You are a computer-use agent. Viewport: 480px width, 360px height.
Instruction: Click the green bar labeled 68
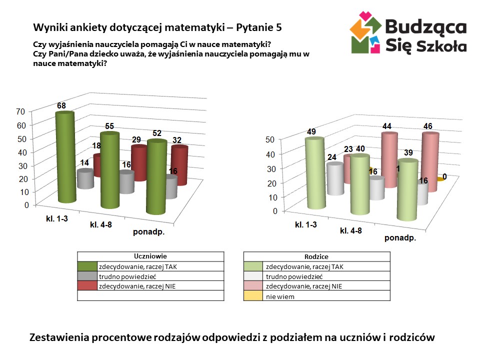(x=65, y=157)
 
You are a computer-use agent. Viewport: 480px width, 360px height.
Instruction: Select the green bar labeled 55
(x=109, y=170)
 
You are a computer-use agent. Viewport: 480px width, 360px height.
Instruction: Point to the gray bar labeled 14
(x=85, y=178)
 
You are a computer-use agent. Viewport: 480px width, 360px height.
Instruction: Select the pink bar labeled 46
(x=429, y=160)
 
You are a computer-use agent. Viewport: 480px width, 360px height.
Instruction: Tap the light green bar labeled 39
(x=407, y=190)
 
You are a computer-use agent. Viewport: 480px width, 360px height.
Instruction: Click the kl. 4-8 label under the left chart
(x=101, y=224)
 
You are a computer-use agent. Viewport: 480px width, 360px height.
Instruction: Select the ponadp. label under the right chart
(x=400, y=237)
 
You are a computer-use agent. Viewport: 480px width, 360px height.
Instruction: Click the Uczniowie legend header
(x=150, y=256)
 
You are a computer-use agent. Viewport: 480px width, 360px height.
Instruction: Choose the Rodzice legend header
(x=316, y=256)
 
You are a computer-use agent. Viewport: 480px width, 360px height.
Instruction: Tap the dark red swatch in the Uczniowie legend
(x=87, y=286)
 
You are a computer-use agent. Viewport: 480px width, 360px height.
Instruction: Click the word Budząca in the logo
(x=426, y=26)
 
